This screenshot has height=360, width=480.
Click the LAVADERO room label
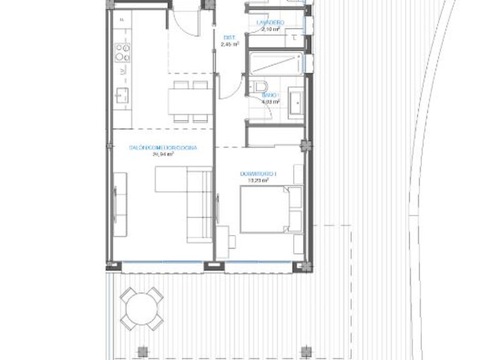coord(270,22)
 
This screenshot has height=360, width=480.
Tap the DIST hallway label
coord(229,37)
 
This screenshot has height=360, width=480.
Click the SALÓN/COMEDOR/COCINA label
coord(162,147)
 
